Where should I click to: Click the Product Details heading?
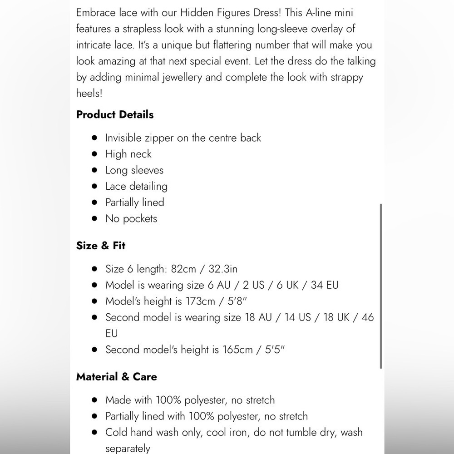click(115, 114)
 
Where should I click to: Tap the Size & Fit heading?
click(101, 246)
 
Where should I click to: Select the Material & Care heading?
click(117, 377)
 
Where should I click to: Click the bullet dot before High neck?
click(94, 154)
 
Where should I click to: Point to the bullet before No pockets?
click(94, 218)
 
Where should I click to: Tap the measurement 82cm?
click(183, 269)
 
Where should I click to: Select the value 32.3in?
click(223, 269)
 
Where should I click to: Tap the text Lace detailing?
click(136, 186)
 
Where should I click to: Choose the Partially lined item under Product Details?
click(134, 202)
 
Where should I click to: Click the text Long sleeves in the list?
click(134, 170)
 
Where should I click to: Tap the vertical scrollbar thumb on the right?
click(380, 286)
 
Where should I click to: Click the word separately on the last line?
click(128, 449)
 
